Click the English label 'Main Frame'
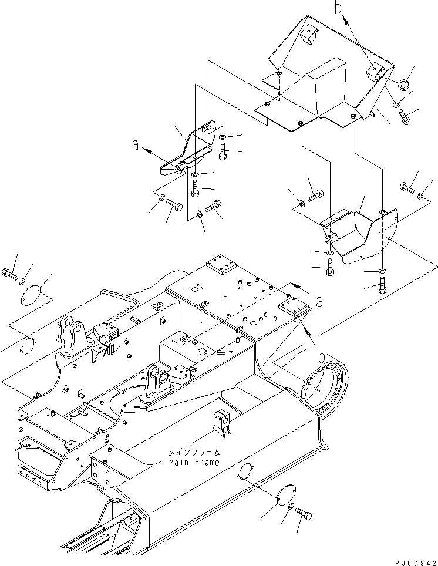tap(194, 462)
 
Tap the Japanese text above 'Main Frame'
tap(194, 453)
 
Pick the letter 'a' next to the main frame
tap(320, 302)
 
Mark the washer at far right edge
tap(422, 194)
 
